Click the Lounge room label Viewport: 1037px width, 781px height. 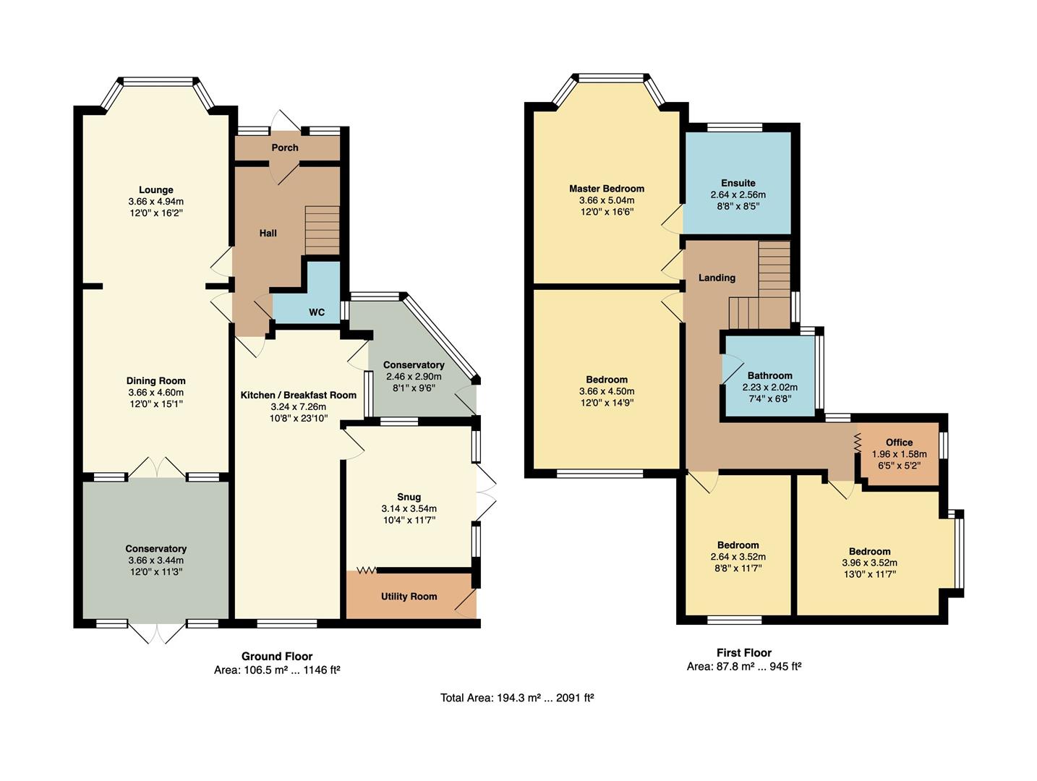click(x=155, y=190)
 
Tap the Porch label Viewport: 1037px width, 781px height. click(x=285, y=148)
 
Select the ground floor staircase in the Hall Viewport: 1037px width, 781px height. click(x=322, y=230)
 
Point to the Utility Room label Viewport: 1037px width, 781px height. click(x=409, y=597)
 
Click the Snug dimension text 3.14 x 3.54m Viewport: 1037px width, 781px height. click(x=409, y=509)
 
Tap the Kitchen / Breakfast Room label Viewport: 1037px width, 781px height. click(x=298, y=395)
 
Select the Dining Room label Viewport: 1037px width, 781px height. click(x=155, y=381)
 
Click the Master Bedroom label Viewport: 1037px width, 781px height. click(x=606, y=189)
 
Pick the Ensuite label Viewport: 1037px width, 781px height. click(x=738, y=183)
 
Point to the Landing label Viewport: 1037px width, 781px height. click(x=717, y=278)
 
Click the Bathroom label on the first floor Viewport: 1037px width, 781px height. click(x=769, y=375)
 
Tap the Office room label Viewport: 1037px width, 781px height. click(x=899, y=443)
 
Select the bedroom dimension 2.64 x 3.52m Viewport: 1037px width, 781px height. click(x=738, y=557)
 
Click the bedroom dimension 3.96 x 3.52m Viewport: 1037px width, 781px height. click(x=869, y=563)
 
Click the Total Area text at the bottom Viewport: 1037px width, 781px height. click(x=517, y=698)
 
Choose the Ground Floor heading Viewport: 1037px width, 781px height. click(x=277, y=657)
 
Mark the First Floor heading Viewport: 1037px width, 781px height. click(x=743, y=652)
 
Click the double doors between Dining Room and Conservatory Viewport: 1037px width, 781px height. click(x=157, y=469)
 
